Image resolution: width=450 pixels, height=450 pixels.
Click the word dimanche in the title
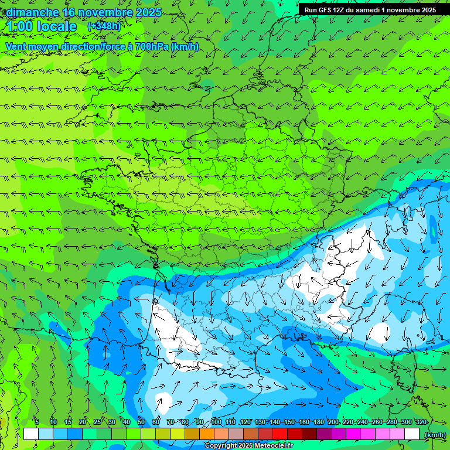coord(32,12)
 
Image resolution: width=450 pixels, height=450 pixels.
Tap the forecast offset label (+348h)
coord(104,26)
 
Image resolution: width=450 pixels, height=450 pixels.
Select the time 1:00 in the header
coord(20,27)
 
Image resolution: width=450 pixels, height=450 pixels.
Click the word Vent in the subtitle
coord(16,46)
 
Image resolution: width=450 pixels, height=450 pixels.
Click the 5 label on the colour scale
coord(36,422)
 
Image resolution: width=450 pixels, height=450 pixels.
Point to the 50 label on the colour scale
coord(141,422)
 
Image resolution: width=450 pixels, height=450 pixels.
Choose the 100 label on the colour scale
coord(216,422)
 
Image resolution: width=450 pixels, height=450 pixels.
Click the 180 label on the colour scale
coord(319,422)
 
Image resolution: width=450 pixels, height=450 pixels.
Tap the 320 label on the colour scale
coord(421,422)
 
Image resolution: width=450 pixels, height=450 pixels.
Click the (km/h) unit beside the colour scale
coord(435,435)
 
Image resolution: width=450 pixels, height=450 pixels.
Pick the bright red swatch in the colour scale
coord(280,434)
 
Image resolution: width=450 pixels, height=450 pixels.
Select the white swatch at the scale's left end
coord(31,434)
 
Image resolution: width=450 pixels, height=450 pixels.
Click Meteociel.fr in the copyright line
coord(272,446)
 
